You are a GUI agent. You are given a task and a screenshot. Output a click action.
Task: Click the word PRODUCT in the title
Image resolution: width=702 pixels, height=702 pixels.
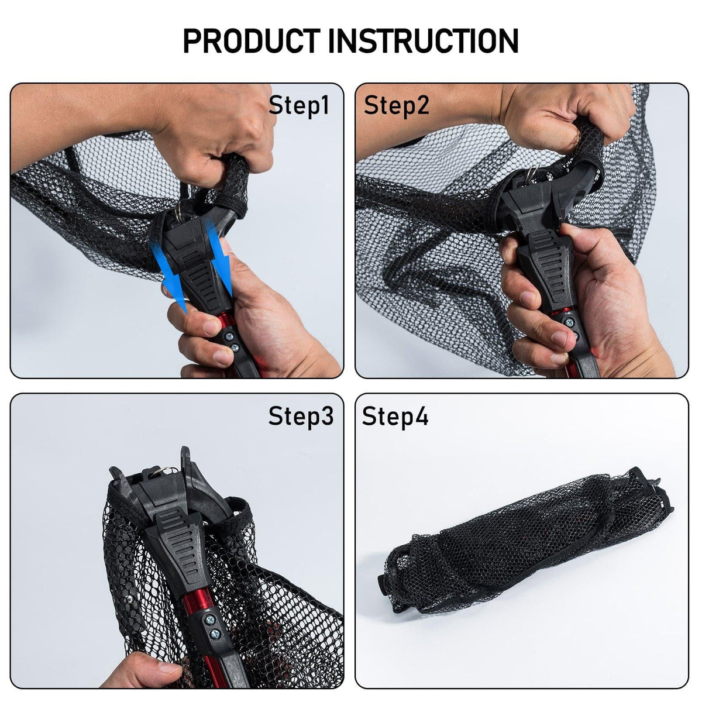(252, 40)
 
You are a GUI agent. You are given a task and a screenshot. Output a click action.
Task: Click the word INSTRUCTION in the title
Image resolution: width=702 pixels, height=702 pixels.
(423, 40)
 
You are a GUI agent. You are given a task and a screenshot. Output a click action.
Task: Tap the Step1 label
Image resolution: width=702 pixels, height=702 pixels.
(299, 105)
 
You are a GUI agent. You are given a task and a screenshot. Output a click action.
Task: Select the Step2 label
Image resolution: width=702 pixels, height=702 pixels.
(397, 106)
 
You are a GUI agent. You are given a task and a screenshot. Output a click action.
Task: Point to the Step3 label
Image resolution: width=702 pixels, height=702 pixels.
(301, 416)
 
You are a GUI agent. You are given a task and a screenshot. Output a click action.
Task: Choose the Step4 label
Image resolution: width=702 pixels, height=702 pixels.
(395, 416)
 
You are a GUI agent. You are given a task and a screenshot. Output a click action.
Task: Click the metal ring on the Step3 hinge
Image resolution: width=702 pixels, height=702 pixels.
(167, 471)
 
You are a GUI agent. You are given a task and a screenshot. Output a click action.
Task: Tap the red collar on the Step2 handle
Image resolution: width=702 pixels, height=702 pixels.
(560, 311)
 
